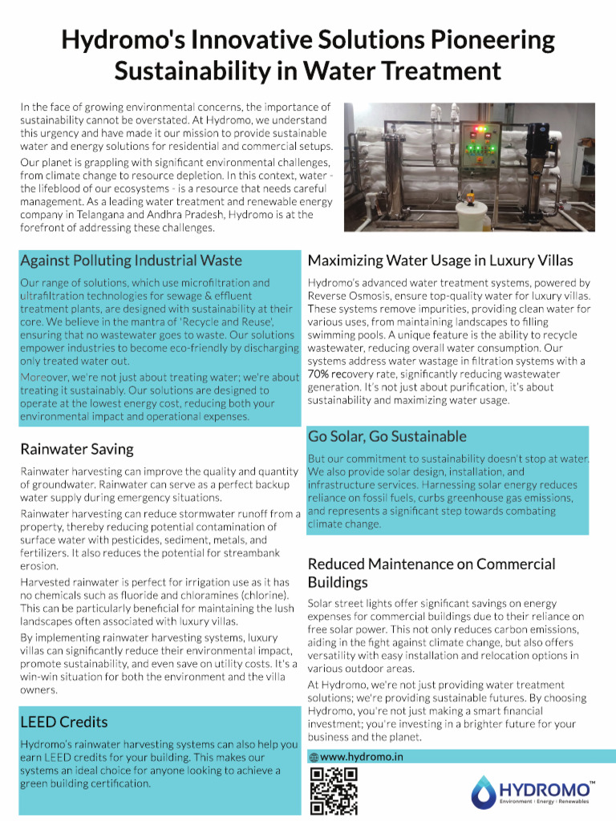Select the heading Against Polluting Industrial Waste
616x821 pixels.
(x=131, y=261)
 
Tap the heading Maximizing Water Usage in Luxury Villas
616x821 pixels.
(x=440, y=261)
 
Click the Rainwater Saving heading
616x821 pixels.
(x=77, y=448)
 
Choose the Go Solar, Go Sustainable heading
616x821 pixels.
(x=387, y=436)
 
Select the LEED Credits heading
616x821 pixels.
(x=63, y=722)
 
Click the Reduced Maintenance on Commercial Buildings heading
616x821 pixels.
(x=431, y=572)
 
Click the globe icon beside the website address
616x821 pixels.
(x=314, y=757)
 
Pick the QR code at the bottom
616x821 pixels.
(x=333, y=791)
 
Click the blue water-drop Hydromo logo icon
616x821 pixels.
(x=484, y=791)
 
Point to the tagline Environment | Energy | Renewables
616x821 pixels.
(x=545, y=801)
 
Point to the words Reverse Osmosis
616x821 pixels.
(x=348, y=295)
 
